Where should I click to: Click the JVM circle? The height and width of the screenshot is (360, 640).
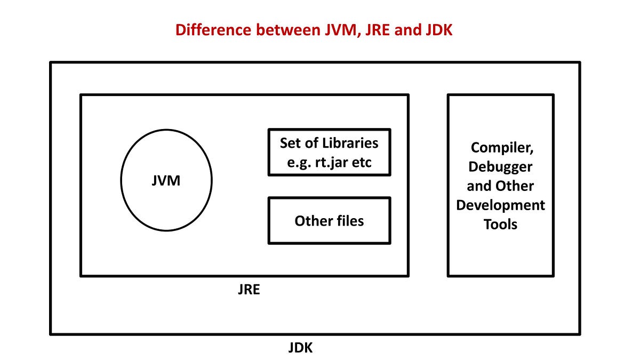(166, 181)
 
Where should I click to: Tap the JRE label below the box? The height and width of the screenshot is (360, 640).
(249, 291)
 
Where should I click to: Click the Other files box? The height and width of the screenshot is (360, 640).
(329, 221)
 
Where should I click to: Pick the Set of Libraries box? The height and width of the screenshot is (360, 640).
(329, 153)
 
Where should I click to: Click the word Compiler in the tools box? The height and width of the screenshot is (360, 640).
(500, 148)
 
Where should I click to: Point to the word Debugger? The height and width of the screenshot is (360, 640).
(500, 167)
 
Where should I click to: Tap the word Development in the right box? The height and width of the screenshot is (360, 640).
(500, 205)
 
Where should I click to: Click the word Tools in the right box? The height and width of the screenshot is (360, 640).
(500, 225)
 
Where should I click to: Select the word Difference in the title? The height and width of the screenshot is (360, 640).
(212, 30)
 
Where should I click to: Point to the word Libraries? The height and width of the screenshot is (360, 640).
(350, 143)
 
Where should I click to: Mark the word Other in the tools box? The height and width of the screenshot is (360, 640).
(516, 186)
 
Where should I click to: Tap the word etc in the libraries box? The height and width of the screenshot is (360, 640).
(362, 163)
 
